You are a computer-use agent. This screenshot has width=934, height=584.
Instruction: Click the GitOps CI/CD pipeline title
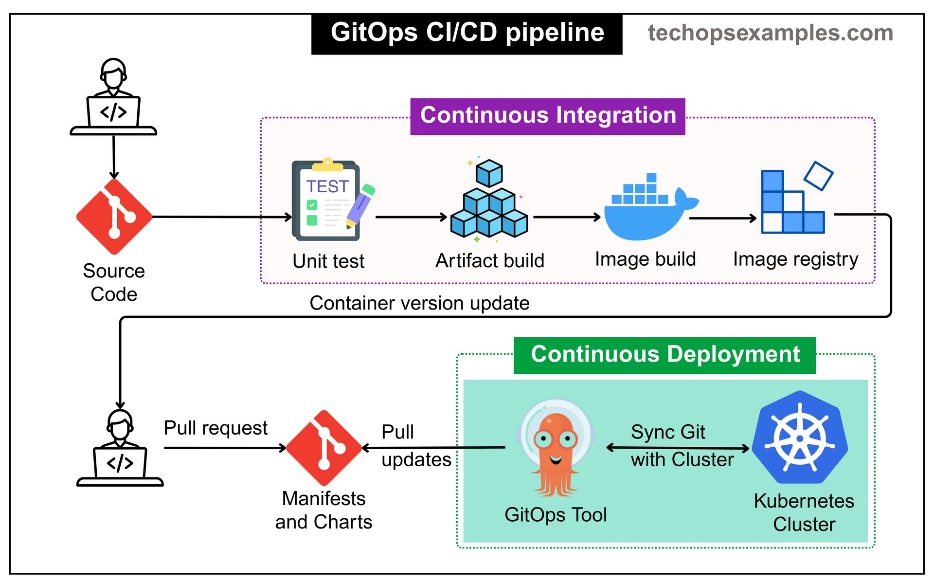click(467, 33)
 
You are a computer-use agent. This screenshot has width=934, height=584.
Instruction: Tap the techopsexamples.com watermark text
click(770, 33)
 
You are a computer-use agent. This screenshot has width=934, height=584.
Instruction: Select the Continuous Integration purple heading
click(548, 116)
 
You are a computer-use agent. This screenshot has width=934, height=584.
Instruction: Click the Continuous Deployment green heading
click(665, 355)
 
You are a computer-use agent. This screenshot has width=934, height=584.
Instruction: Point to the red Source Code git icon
click(114, 217)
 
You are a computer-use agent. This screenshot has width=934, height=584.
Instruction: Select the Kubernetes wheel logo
click(800, 438)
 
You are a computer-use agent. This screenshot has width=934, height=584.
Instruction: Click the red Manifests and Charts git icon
click(324, 448)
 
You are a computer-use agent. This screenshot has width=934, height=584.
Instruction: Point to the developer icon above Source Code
click(113, 97)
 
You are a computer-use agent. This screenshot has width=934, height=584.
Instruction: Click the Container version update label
click(419, 303)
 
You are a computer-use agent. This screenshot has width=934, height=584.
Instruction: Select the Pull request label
click(216, 428)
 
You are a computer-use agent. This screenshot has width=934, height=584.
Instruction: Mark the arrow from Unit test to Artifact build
click(411, 217)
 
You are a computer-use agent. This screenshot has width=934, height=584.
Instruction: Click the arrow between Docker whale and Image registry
click(723, 219)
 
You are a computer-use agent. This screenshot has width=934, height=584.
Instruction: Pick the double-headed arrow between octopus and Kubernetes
click(678, 448)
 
